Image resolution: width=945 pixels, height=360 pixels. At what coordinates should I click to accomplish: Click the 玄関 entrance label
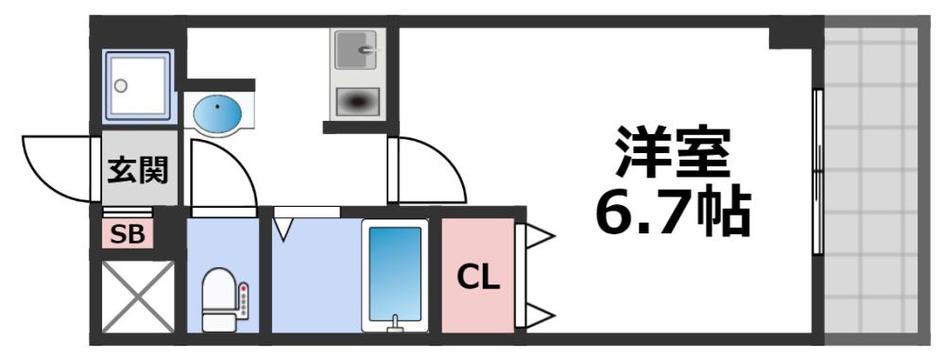click(138, 171)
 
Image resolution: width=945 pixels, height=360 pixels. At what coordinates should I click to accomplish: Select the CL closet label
click(478, 277)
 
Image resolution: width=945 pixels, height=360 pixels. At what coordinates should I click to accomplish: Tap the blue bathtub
click(395, 275)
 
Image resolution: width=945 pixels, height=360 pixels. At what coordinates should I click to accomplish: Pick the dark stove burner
click(356, 101)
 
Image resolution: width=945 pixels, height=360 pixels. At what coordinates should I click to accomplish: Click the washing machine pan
click(138, 85)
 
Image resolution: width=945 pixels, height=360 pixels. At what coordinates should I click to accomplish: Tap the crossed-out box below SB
click(138, 296)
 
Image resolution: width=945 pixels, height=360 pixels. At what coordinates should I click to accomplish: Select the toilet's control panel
click(244, 300)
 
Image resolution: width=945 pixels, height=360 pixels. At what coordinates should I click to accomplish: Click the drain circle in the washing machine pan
click(120, 85)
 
